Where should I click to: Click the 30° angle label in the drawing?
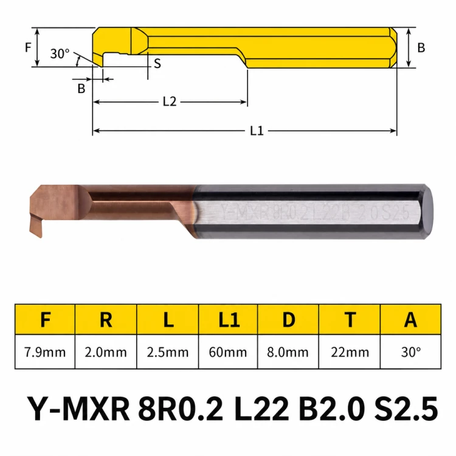60,54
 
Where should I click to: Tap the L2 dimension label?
170,102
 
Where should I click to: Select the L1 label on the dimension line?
257,131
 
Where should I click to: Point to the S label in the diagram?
157,63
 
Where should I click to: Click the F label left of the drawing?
28,47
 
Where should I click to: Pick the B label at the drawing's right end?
421,47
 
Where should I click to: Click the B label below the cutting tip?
81,88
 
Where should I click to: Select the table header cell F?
45,319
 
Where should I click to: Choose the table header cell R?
106,319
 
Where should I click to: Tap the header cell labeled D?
288,319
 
